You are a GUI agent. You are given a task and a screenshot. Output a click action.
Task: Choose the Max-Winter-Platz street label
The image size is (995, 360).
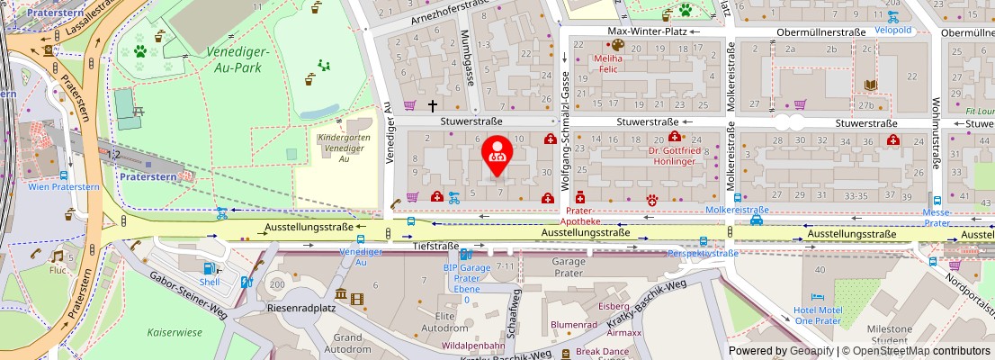[x=647, y=31]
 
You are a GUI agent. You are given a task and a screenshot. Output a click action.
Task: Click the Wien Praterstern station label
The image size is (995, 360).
[x=64, y=186]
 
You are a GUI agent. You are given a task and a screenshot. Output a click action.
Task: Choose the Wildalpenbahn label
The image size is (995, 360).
[x=473, y=346]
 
